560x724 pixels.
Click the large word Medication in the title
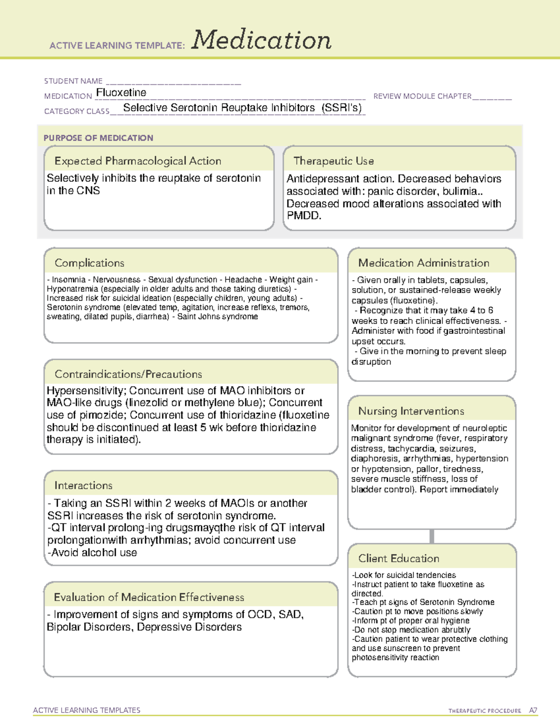[261, 41]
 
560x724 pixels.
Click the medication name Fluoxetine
[121, 93]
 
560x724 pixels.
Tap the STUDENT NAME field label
[73, 81]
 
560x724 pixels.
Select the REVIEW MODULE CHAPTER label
[422, 96]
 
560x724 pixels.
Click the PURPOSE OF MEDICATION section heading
[98, 138]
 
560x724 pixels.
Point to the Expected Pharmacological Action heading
[138, 161]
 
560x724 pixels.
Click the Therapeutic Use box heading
[334, 161]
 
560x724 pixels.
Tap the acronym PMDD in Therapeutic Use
[303, 216]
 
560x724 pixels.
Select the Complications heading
[90, 263]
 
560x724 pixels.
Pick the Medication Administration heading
[424, 263]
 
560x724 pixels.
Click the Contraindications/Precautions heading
[128, 374]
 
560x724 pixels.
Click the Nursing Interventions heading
[411, 411]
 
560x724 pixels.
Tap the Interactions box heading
[84, 485]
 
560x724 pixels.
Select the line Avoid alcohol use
[92, 553]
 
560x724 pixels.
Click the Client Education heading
[399, 559]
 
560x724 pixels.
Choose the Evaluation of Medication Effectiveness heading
[149, 597]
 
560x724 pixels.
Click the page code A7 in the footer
[533, 710]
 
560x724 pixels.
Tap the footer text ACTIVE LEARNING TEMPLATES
[87, 710]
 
